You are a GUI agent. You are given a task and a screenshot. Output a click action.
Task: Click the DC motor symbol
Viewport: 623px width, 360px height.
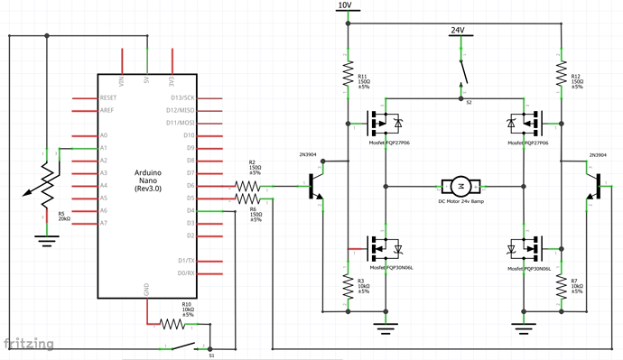click(460, 186)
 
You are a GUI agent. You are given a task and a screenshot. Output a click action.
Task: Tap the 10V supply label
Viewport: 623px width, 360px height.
click(344, 5)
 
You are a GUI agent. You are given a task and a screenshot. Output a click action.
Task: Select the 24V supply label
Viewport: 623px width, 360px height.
click(457, 31)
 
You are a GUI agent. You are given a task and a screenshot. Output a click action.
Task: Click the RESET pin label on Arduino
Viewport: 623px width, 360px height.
click(110, 97)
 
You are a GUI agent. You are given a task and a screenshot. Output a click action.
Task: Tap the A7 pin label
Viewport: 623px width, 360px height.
click(105, 223)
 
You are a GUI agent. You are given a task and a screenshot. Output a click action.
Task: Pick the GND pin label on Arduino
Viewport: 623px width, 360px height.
click(147, 291)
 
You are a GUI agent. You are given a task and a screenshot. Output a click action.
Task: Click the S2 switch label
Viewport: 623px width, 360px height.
click(469, 103)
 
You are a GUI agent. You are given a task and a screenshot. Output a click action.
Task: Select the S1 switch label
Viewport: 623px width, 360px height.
click(211, 355)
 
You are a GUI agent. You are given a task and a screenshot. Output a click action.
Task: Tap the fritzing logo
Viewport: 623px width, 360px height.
click(27, 344)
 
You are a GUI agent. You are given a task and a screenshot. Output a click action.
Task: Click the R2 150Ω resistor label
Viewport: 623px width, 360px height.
click(255, 167)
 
